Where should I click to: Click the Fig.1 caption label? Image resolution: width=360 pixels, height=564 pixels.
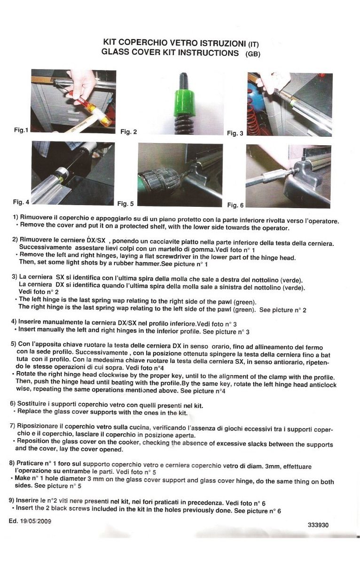click(21, 130)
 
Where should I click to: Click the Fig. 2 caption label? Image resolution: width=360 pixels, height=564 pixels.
click(129, 132)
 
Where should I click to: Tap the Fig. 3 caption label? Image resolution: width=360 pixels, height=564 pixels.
click(235, 133)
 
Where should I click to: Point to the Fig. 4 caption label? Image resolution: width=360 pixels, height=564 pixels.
click(21, 202)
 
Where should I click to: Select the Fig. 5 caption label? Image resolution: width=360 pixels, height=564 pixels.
click(125, 204)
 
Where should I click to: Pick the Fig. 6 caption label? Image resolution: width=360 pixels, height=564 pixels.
click(235, 205)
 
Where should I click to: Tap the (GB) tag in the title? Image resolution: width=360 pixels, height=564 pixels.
click(253, 54)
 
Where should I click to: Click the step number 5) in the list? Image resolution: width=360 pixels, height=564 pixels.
click(14, 344)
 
